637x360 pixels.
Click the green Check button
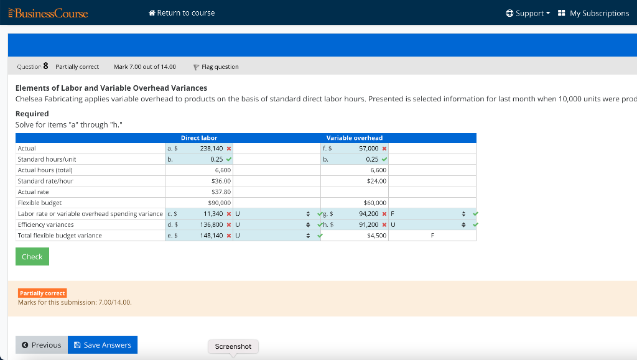(x=32, y=257)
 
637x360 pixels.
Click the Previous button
(x=42, y=345)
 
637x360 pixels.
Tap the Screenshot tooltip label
(x=233, y=346)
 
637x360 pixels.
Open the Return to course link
(x=182, y=13)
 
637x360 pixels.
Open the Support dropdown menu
(x=529, y=13)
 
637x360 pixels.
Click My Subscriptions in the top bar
(x=593, y=13)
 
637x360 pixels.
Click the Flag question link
(x=216, y=67)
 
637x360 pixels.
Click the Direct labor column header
(x=199, y=137)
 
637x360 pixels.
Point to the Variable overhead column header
(x=355, y=137)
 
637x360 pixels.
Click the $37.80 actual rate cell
(x=221, y=192)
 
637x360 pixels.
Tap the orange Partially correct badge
(x=42, y=293)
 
